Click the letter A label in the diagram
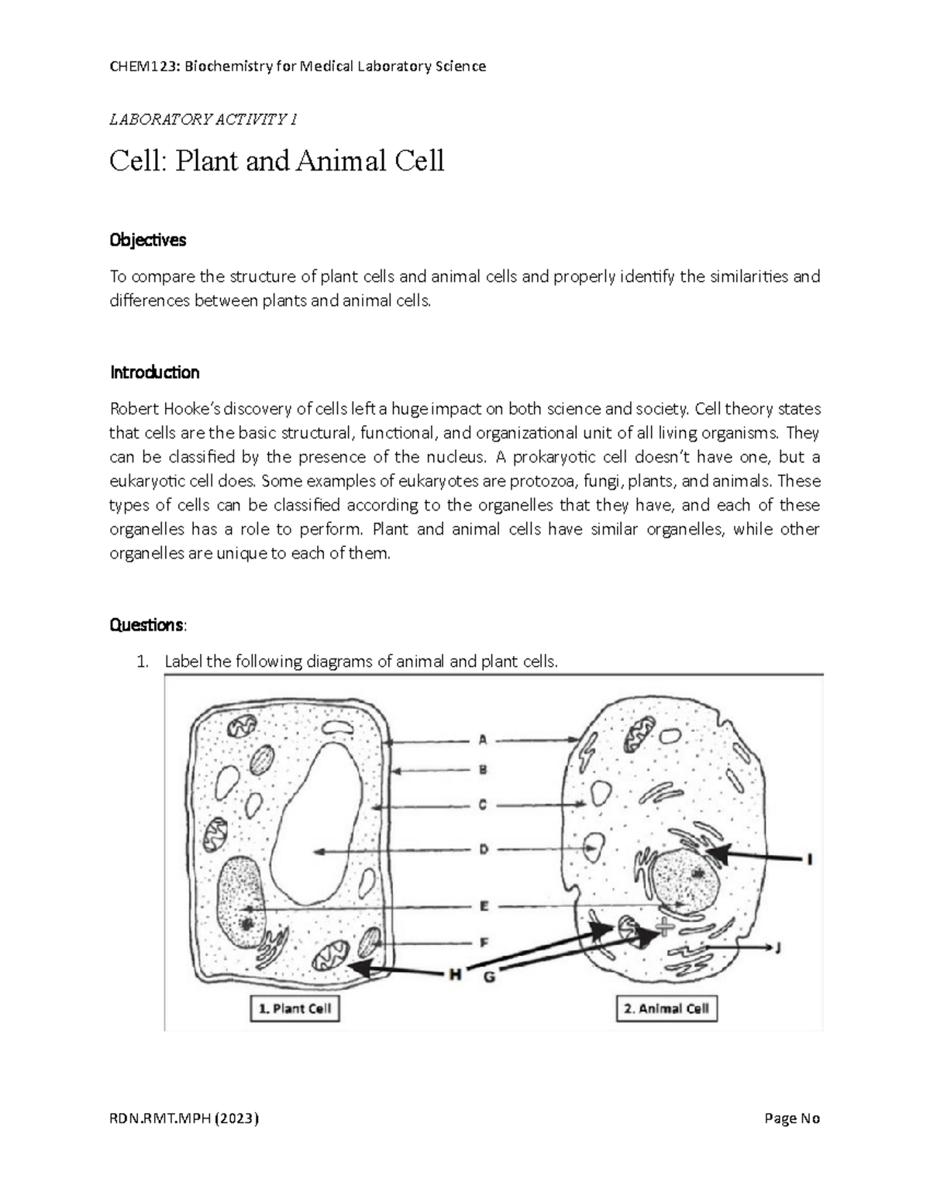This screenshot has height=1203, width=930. pyautogui.click(x=482, y=740)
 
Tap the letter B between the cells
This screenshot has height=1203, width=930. pyautogui.click(x=482, y=770)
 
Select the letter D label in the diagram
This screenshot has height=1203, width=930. pyautogui.click(x=483, y=850)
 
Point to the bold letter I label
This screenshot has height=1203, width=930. pyautogui.click(x=809, y=858)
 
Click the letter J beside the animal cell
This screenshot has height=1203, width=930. pyautogui.click(x=778, y=946)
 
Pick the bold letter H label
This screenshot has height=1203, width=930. pyautogui.click(x=456, y=975)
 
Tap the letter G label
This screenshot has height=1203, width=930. pyautogui.click(x=489, y=977)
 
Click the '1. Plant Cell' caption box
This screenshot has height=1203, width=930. pyautogui.click(x=294, y=1009)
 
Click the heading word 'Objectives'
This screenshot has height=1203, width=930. pyautogui.click(x=148, y=240)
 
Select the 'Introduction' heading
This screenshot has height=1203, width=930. pyautogui.click(x=155, y=373)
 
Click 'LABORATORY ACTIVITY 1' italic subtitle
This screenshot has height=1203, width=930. pyautogui.click(x=204, y=119)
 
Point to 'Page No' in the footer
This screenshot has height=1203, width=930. pyautogui.click(x=792, y=1119)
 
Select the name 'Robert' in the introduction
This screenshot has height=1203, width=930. pyautogui.click(x=135, y=409)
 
